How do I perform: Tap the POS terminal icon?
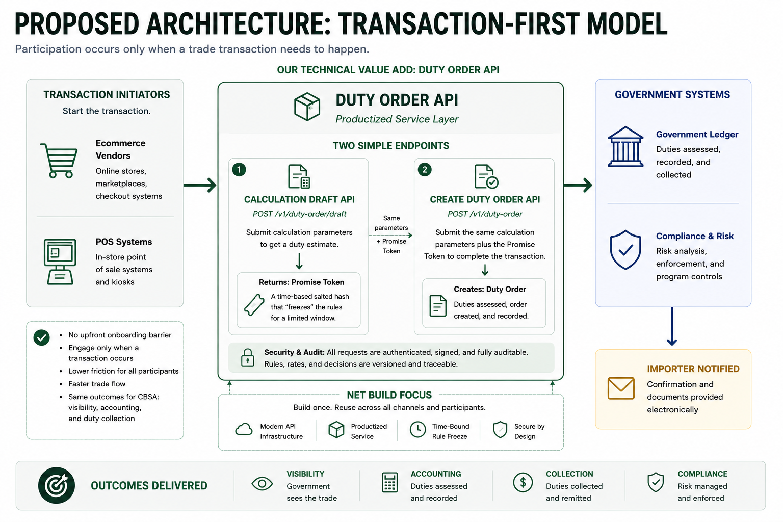[x=60, y=262]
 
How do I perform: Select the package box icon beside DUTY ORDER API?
[x=307, y=107]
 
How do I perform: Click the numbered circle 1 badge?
[x=239, y=170]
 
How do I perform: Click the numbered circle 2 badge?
[x=424, y=170]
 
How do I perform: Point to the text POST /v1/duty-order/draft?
[x=300, y=214]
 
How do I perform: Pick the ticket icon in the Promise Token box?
[x=254, y=305]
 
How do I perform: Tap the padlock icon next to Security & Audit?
[x=247, y=357]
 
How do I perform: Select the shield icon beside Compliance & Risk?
[x=625, y=250]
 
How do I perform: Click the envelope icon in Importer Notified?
[x=621, y=388]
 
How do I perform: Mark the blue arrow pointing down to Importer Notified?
[x=671, y=327]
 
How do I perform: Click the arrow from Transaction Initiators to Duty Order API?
[x=200, y=185]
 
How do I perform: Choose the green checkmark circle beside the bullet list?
[x=42, y=337]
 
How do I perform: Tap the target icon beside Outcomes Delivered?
[x=57, y=485]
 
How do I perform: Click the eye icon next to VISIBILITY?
[x=262, y=484]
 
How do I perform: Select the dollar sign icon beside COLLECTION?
[x=523, y=482]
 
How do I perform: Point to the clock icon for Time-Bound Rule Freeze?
[x=417, y=429]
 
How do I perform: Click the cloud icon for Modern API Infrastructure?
[x=244, y=429]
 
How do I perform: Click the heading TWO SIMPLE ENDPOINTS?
[x=390, y=146]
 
